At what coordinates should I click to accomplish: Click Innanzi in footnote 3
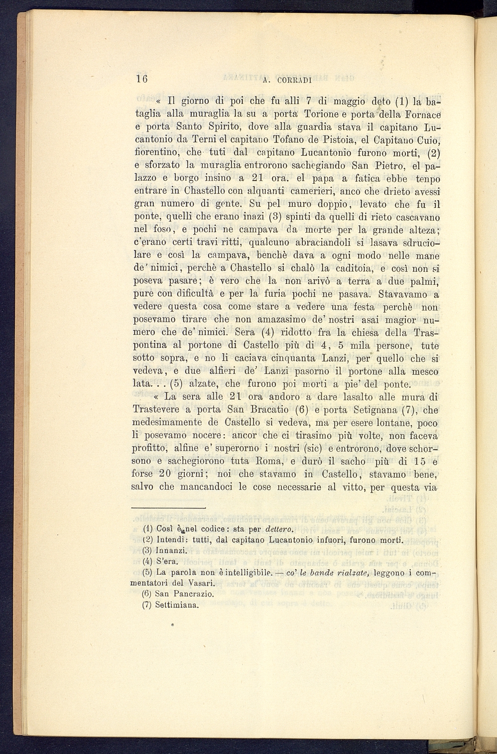(171, 551)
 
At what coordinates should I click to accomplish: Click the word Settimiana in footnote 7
(177, 606)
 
